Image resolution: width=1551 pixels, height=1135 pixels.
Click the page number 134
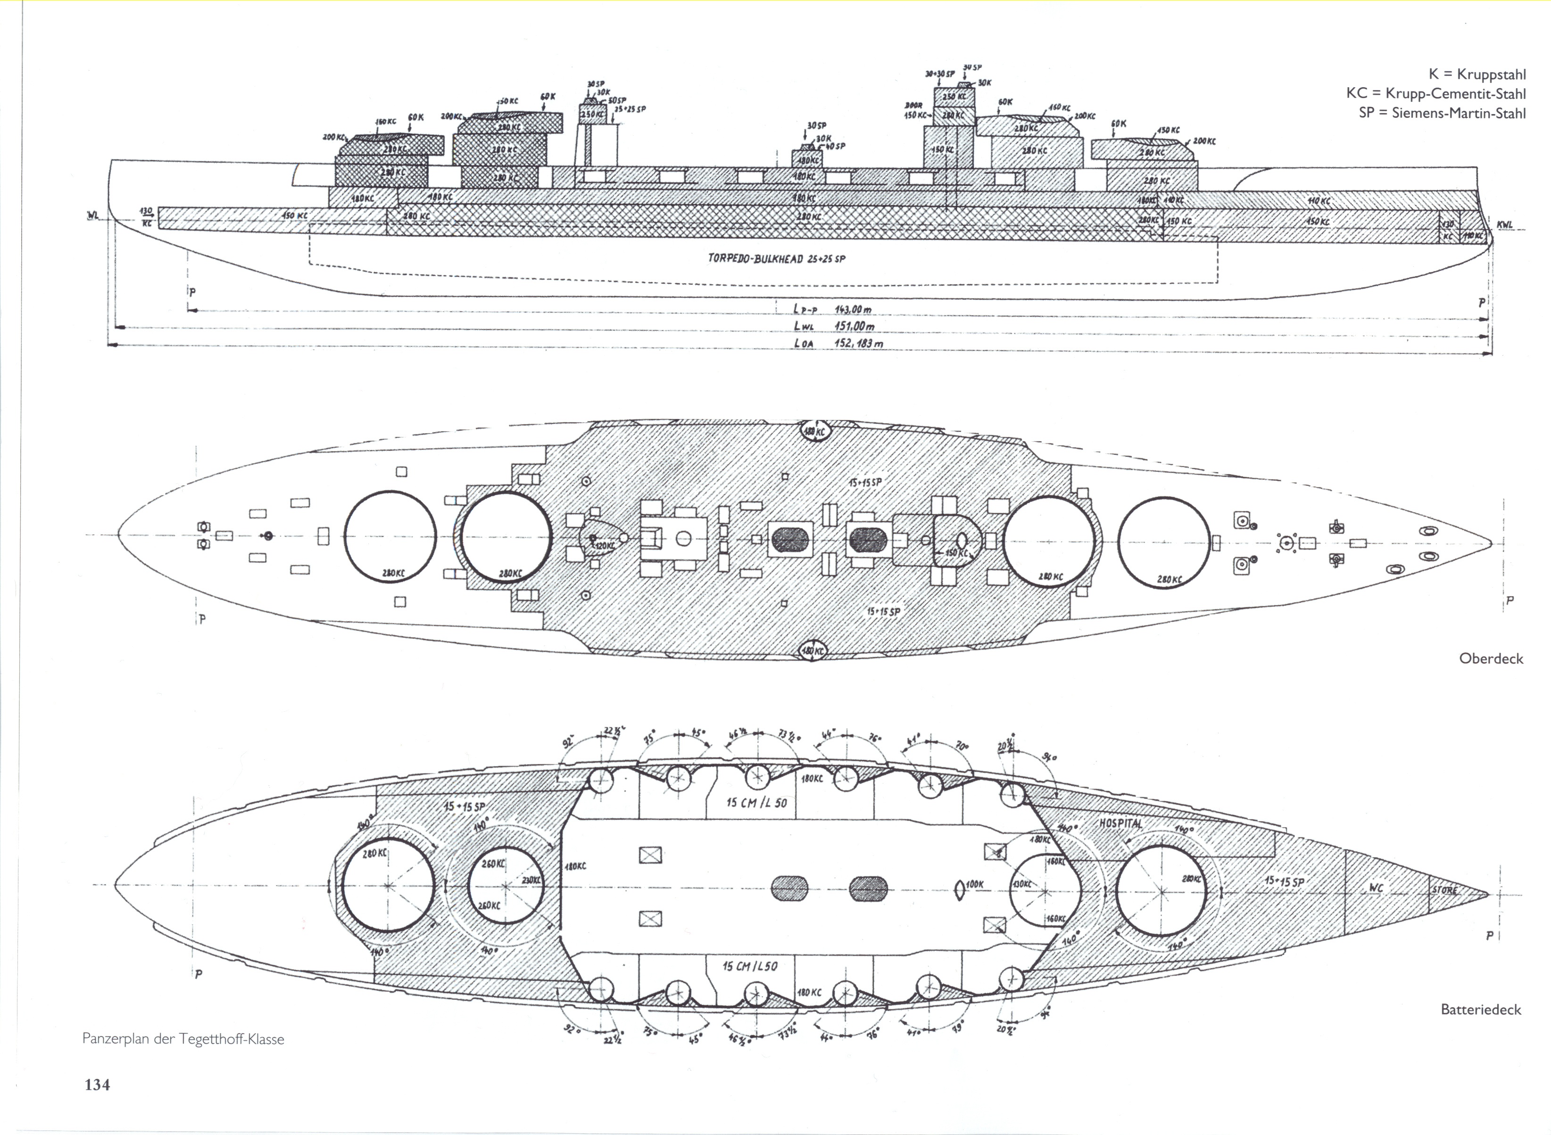click(97, 1085)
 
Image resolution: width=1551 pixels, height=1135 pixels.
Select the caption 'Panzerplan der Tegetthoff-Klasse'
click(183, 1039)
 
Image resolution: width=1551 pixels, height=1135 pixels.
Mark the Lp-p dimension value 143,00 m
click(853, 309)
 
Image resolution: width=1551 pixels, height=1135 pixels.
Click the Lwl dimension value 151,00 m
click(854, 326)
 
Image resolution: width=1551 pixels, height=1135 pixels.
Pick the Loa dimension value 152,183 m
click(858, 342)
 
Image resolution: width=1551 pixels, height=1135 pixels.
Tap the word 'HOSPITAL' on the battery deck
click(1121, 823)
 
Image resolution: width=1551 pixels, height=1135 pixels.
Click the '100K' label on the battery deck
click(974, 885)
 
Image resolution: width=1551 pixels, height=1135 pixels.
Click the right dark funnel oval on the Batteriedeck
click(869, 888)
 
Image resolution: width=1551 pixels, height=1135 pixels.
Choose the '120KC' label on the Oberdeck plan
click(605, 545)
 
